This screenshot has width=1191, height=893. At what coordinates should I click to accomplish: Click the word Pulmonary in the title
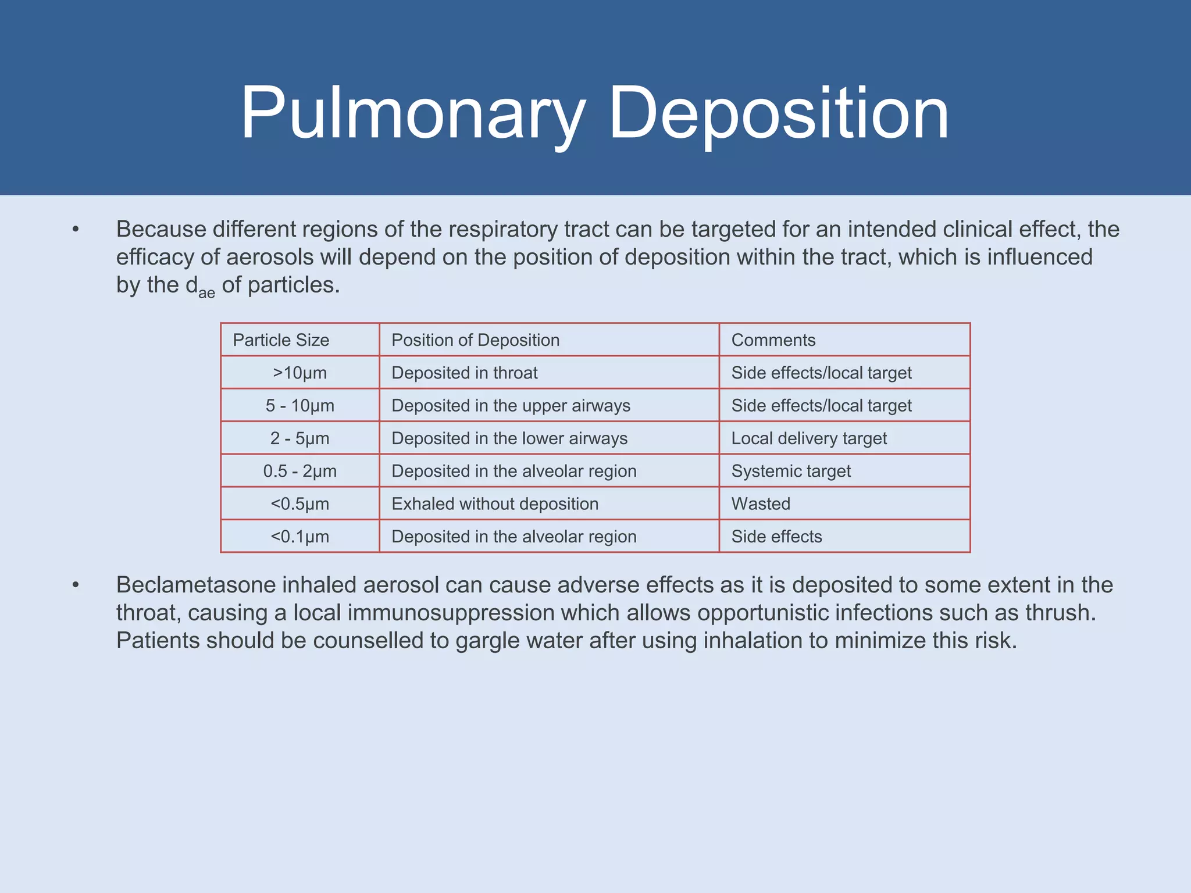(413, 113)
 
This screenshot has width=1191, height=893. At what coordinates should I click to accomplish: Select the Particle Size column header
(281, 340)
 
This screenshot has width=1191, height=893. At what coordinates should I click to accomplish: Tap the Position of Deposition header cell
(475, 340)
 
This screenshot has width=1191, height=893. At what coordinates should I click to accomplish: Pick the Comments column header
(773, 340)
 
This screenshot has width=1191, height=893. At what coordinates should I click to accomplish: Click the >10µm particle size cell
(299, 373)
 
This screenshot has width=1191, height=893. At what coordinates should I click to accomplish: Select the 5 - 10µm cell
(299, 406)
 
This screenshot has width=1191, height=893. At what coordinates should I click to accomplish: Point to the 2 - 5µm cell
(299, 438)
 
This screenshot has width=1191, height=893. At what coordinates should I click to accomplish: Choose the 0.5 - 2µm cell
(299, 471)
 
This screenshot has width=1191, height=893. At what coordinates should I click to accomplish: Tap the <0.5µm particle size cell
(299, 504)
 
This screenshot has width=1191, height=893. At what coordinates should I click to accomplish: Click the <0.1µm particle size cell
(299, 537)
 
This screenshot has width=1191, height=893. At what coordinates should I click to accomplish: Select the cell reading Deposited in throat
(464, 373)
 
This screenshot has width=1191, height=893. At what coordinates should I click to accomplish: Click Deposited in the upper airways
(511, 406)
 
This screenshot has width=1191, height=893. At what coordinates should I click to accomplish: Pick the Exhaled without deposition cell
(495, 504)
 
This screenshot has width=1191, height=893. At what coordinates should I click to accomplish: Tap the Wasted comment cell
(761, 504)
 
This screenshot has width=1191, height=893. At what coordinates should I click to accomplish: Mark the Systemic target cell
(791, 471)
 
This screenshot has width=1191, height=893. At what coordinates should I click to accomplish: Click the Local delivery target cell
(809, 438)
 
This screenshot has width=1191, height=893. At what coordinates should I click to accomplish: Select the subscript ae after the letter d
(206, 293)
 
